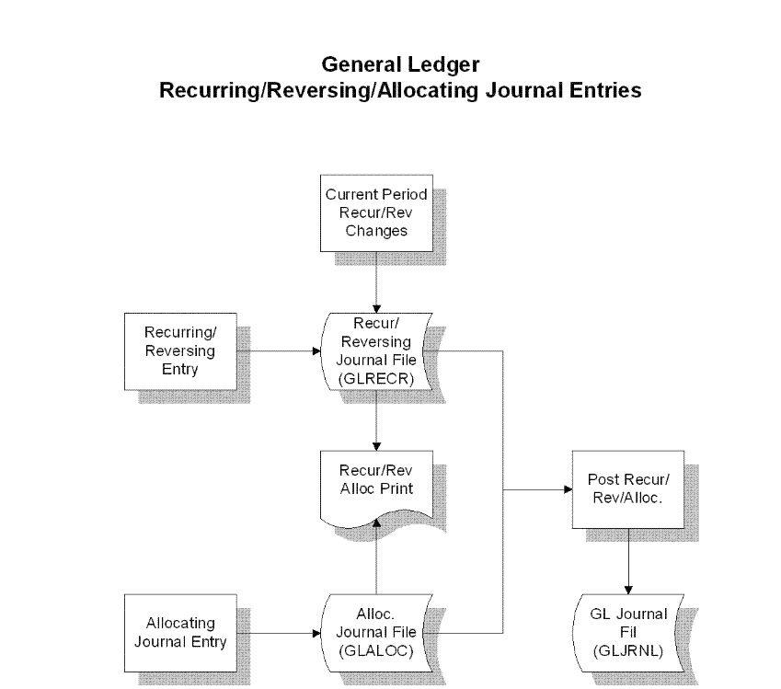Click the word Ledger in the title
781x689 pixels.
coord(443,65)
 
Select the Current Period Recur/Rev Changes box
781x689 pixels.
coord(376,213)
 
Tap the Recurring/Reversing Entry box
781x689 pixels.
coord(180,351)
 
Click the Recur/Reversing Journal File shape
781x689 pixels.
coord(376,351)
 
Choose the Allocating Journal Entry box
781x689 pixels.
coord(180,633)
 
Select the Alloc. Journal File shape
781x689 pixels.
coord(376,633)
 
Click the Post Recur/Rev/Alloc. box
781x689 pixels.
coord(628,489)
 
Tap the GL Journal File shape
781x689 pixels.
coord(628,633)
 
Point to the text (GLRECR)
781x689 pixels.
coord(376,379)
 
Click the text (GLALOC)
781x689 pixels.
coord(376,651)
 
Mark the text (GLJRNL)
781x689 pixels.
coord(628,651)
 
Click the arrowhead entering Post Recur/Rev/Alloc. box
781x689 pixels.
coord(568,489)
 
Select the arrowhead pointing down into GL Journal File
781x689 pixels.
coord(628,590)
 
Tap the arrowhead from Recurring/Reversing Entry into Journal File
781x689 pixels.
coord(316,351)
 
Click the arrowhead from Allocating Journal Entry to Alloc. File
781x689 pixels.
coord(316,633)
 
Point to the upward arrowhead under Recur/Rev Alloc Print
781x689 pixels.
coord(376,522)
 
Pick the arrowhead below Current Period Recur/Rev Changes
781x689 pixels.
coord(376,309)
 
